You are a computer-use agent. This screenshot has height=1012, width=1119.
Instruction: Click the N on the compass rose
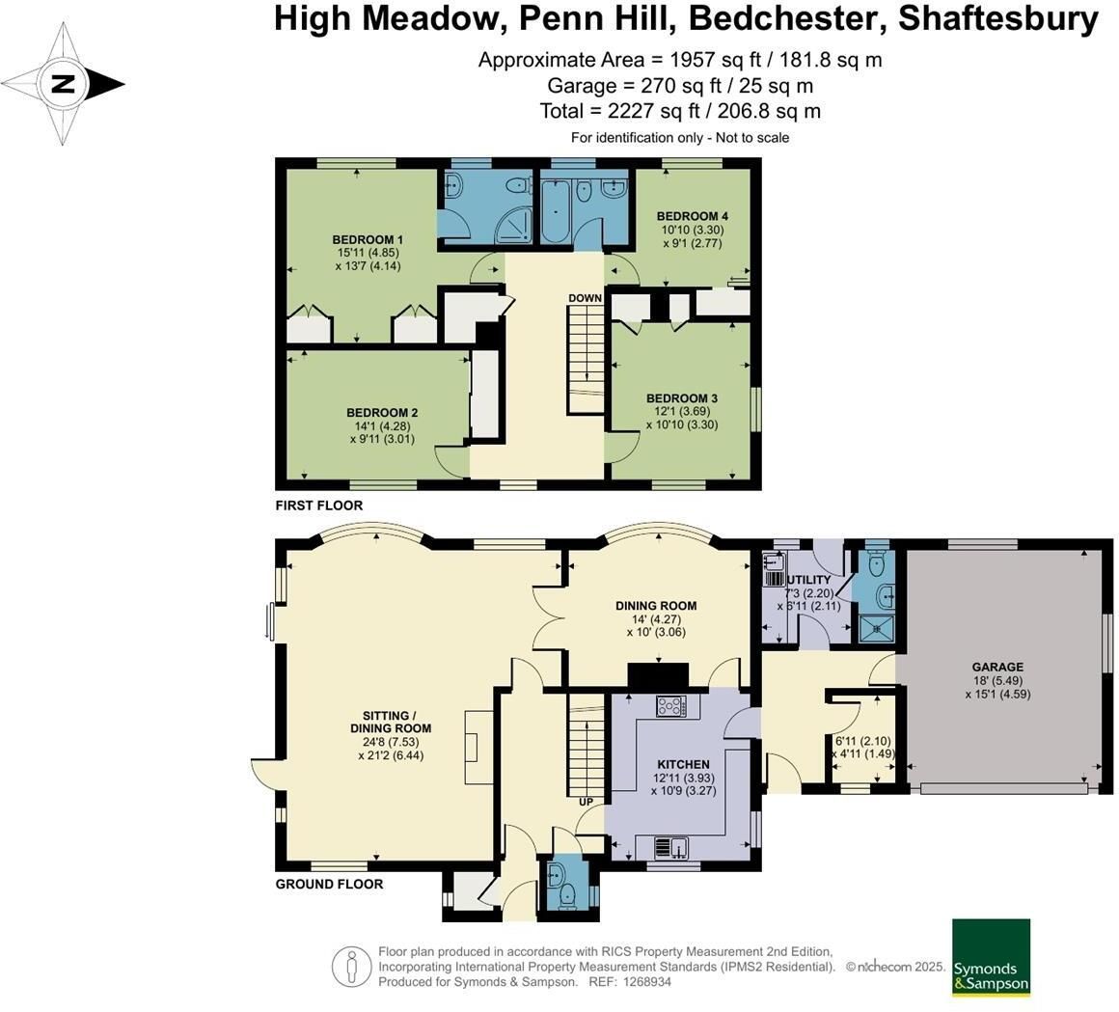click(x=64, y=84)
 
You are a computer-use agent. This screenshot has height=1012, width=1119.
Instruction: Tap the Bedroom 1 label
click(x=368, y=240)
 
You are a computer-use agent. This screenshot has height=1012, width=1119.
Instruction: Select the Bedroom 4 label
click(x=693, y=216)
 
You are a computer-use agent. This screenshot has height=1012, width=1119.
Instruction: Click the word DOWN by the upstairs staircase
click(x=586, y=297)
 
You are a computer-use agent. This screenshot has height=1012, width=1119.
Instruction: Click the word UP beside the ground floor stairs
click(x=586, y=803)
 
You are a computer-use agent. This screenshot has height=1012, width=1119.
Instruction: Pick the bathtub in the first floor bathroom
click(x=556, y=210)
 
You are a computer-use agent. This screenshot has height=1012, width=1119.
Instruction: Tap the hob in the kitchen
click(x=671, y=706)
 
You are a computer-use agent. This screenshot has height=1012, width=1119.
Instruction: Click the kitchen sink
click(x=670, y=848)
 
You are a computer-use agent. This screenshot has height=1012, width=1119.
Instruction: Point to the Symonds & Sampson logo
click(x=992, y=957)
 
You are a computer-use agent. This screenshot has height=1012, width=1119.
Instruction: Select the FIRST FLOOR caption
click(x=319, y=506)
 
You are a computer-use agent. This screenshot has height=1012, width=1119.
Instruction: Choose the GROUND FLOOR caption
click(x=329, y=884)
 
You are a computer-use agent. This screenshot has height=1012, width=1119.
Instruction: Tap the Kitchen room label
click(x=683, y=764)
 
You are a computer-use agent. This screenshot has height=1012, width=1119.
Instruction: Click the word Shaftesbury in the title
click(x=998, y=18)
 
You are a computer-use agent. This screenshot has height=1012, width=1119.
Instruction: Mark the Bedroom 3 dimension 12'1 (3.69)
click(x=682, y=412)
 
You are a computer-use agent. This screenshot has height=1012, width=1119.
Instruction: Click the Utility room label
click(x=807, y=580)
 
